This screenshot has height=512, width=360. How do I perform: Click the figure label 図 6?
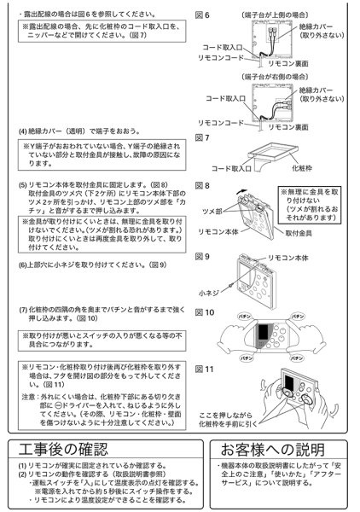click(202, 15)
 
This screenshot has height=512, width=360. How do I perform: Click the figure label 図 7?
click(202, 137)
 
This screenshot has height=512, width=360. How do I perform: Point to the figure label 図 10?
click(204, 313)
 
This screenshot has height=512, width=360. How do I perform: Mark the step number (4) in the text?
click(23, 131)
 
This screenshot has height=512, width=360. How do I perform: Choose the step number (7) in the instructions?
click(23, 307)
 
